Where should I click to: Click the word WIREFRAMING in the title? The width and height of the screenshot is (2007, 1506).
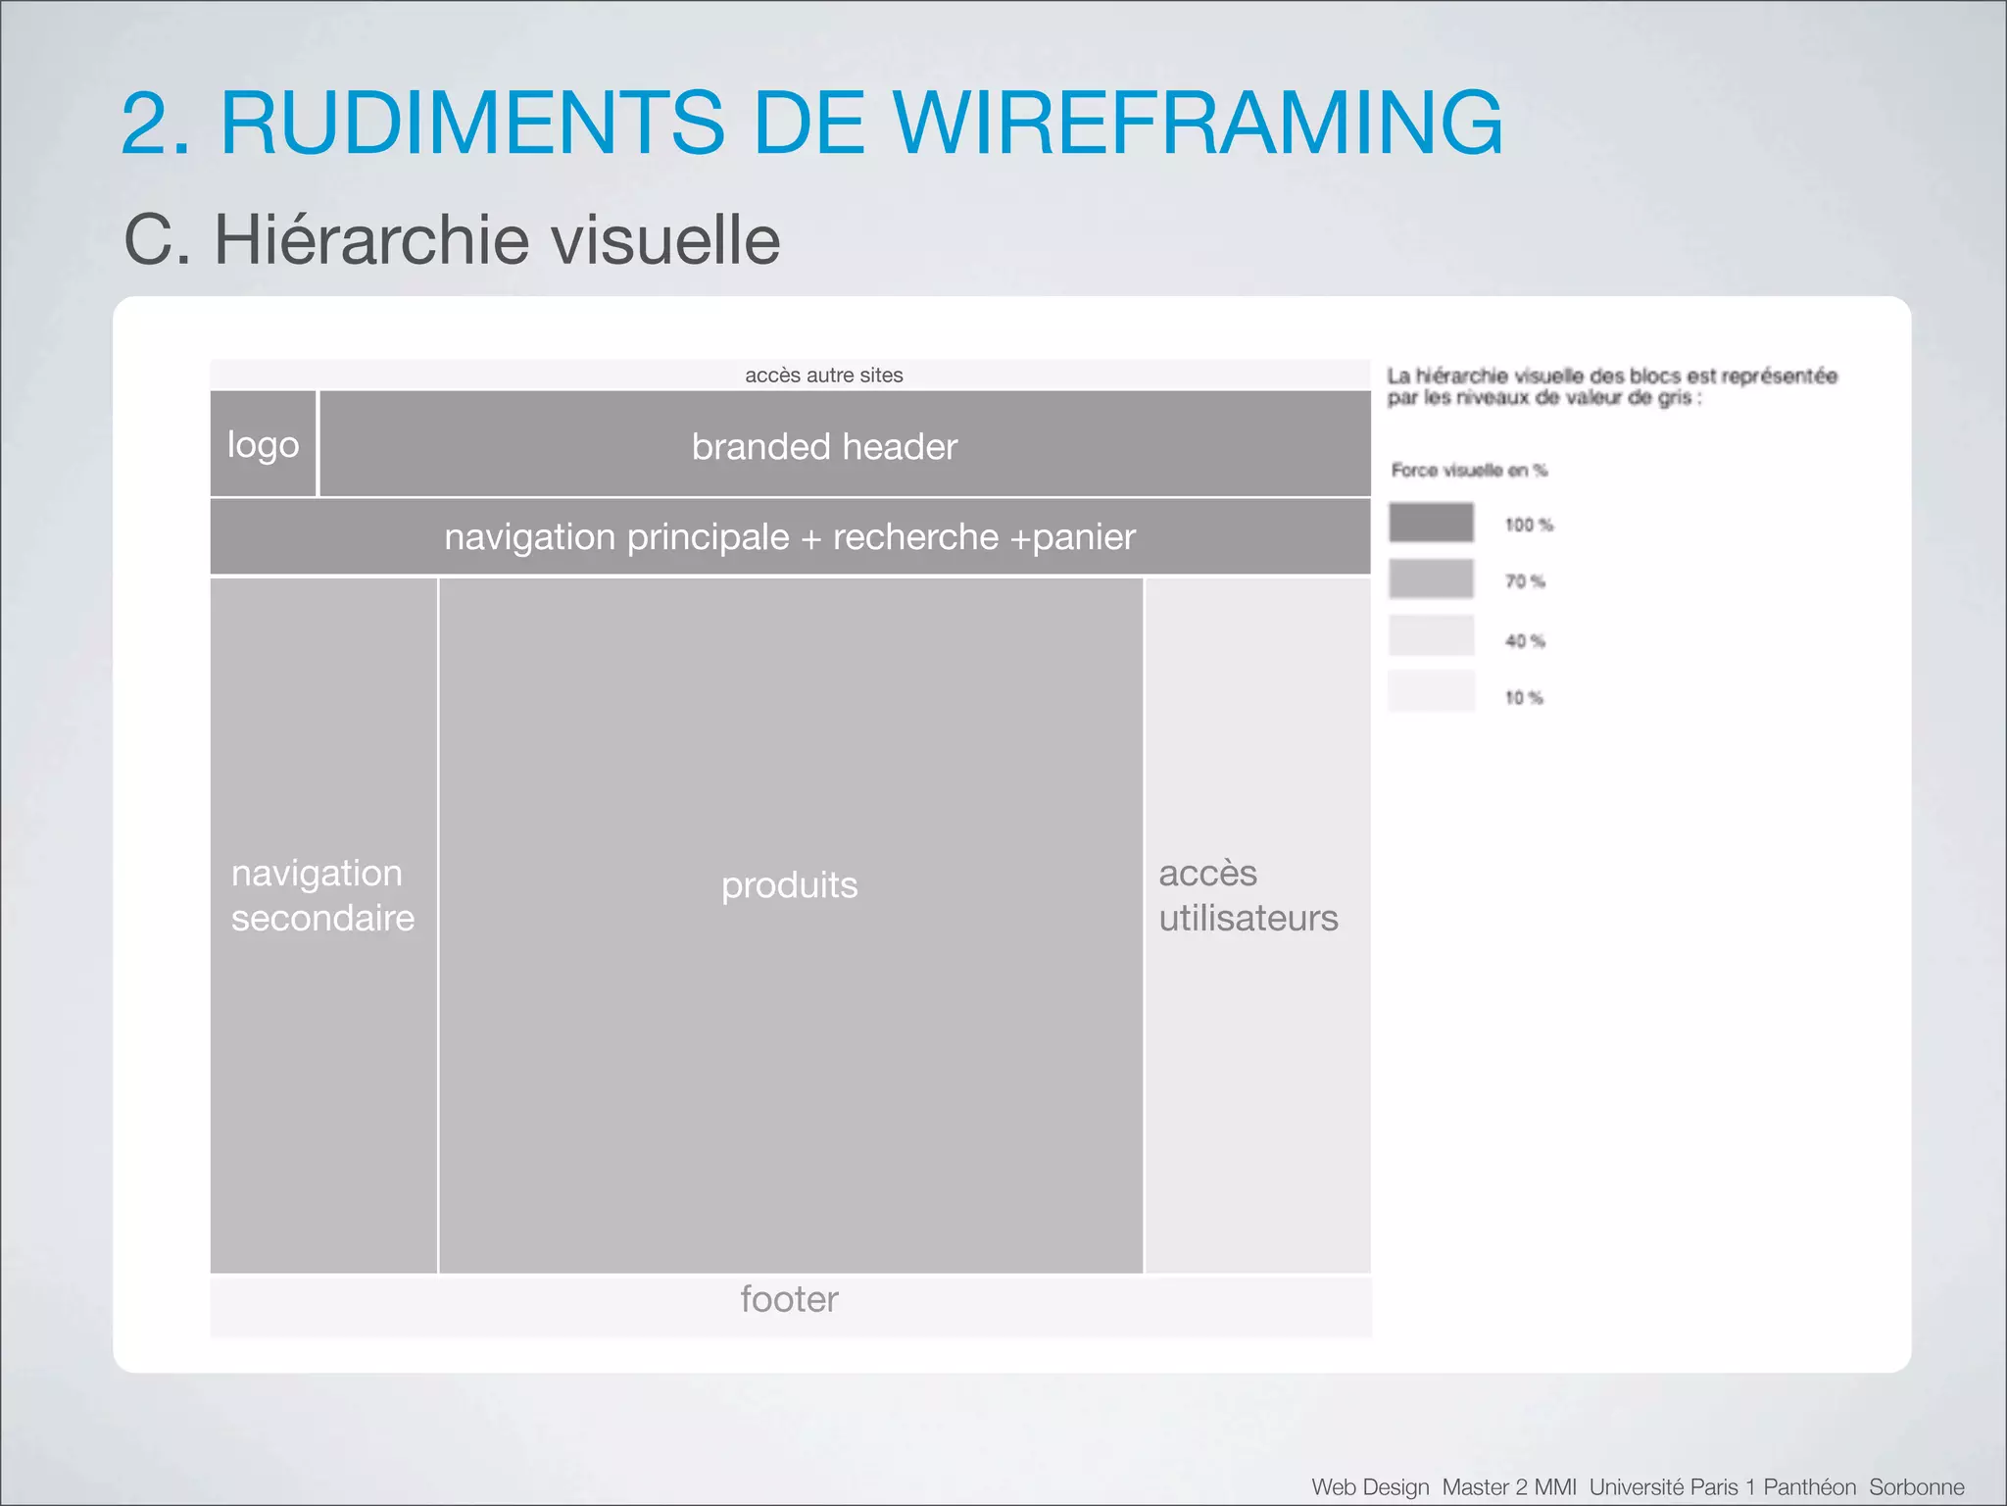pos(1199,124)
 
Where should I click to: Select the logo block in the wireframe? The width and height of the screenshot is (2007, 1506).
pos(263,444)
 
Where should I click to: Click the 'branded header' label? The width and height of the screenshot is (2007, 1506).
pos(824,447)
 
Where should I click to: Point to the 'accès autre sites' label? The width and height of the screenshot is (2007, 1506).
pos(823,376)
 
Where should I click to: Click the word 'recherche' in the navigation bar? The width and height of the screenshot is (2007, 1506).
pos(915,537)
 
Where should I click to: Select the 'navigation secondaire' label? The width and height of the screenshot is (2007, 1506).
pos(322,895)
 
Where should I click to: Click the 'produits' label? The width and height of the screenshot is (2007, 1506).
pos(789,885)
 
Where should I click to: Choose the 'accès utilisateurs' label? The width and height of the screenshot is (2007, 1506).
pos(1248,895)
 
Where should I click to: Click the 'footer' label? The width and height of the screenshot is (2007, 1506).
pos(789,1299)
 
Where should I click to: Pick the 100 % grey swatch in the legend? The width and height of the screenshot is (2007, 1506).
pos(1431,523)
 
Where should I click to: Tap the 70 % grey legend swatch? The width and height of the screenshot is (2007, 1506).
pos(1431,578)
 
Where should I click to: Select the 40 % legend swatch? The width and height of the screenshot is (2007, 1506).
pos(1431,635)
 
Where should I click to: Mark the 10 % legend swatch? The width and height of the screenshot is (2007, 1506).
pos(1431,691)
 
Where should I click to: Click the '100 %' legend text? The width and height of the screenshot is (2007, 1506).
pos(1529,526)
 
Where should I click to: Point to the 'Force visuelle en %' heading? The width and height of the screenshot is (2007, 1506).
pos(1469,471)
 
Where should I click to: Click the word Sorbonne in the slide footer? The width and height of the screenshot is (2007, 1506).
pos(1916,1487)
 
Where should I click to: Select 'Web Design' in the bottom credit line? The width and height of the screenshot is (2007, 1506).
pos(1370,1487)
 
